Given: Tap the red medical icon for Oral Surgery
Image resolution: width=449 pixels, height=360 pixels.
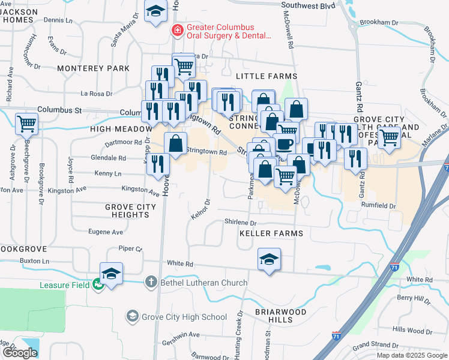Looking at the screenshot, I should pos(177,30).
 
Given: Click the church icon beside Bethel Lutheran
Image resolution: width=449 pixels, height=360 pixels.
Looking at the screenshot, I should pos(151,282).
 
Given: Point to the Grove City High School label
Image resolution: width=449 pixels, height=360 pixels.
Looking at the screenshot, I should pos(184,316).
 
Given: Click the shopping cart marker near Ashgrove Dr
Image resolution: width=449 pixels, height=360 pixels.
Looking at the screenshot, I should pos(26,124).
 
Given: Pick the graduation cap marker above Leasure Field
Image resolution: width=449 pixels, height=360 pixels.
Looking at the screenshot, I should pos(111,274).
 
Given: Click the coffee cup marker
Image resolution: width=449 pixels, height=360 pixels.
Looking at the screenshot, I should pos(285,143).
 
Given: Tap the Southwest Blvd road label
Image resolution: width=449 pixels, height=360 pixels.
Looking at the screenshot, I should pos(307,5).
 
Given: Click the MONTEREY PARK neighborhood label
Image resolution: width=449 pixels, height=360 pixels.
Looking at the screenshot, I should pos(93,68).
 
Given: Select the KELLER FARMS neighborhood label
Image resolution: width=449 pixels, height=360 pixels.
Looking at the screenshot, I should pos(271,233).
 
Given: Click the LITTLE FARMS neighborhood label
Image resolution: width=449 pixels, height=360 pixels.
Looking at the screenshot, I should pos(267,76).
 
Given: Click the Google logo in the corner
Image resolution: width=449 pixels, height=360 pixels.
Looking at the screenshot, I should pos(20,353).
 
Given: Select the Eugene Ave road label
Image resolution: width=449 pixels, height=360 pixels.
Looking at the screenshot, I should pos(106,232).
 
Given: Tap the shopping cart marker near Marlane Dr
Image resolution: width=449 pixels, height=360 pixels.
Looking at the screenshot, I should pos(389,137).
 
